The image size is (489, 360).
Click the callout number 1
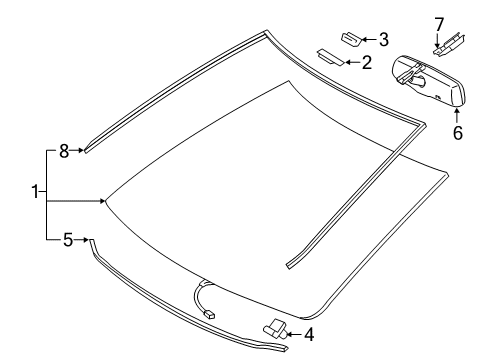pos(37,192)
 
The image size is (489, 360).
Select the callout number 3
pos(383,39)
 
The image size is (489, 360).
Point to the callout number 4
pos(309,333)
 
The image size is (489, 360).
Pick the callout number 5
pos(68,238)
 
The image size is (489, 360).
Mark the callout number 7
pos(437,22)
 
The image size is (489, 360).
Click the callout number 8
pos(64,151)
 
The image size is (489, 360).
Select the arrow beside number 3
pos(369,39)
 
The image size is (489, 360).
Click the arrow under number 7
pos(437,37)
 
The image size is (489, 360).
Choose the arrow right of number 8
pos(79,151)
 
